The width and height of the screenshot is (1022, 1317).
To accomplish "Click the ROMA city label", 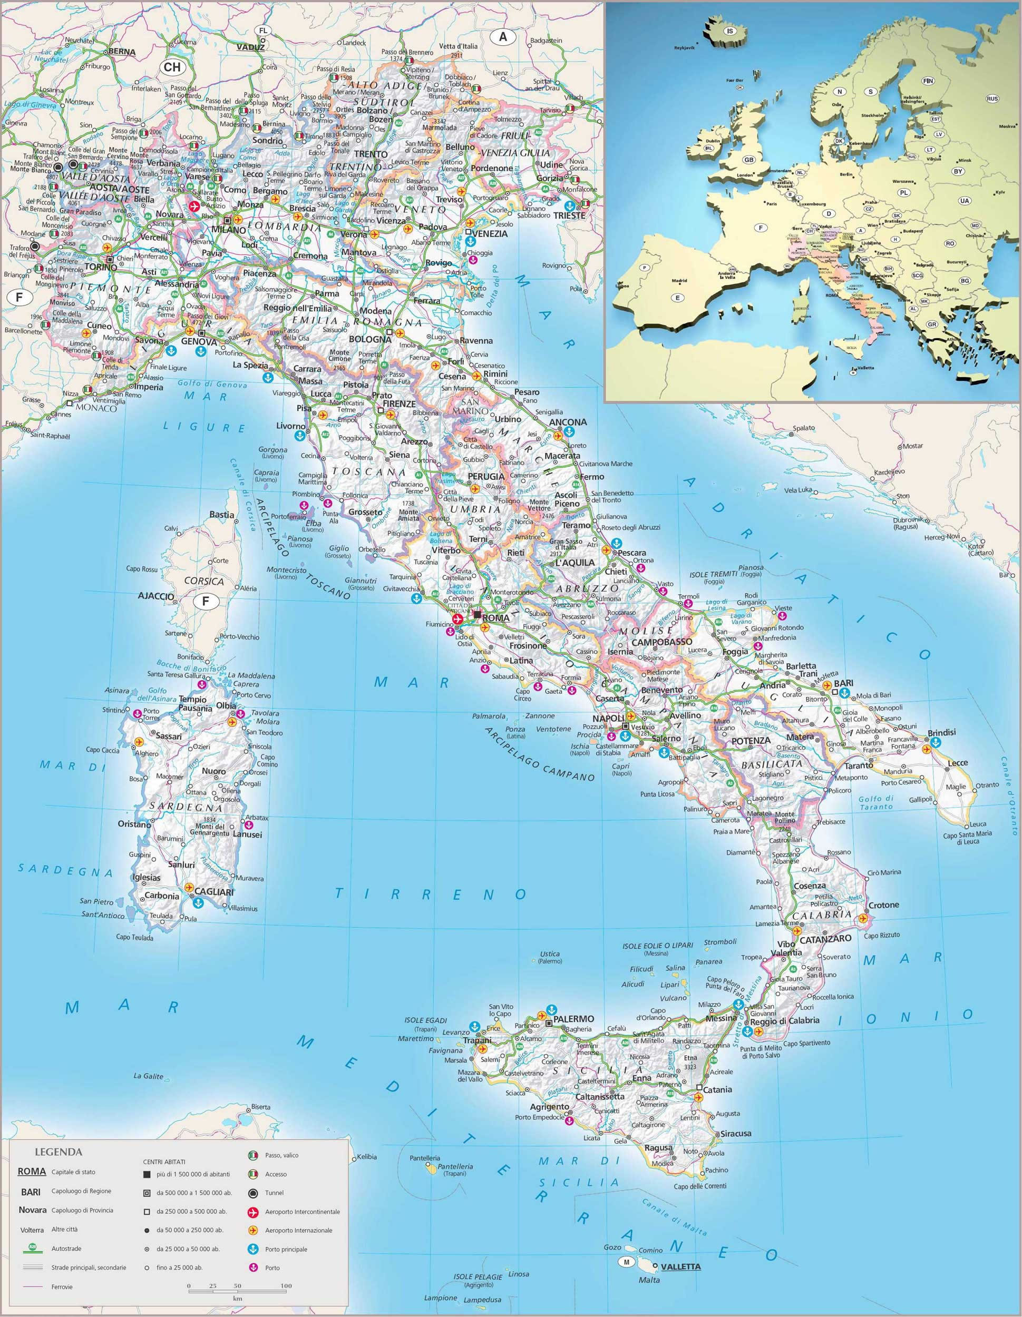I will click(x=497, y=618).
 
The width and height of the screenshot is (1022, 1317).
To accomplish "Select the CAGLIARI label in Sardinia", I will click(x=213, y=891).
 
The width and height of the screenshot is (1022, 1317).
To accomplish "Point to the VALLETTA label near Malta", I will click(x=681, y=1266).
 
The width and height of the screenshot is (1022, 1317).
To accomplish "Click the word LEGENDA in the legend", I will click(x=59, y=1152).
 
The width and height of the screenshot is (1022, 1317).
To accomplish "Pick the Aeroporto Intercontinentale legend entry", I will click(x=302, y=1212).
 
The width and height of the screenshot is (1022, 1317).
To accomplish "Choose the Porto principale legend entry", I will click(x=286, y=1249).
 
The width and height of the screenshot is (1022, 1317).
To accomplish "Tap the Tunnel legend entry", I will click(x=274, y=1193).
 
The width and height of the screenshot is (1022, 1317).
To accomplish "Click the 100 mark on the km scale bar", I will click(x=286, y=1285).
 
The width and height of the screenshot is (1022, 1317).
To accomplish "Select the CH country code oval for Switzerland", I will click(x=172, y=67).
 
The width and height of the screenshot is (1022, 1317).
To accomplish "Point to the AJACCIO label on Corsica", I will click(x=156, y=596).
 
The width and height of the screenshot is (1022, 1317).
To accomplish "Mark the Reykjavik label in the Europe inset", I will click(x=685, y=47).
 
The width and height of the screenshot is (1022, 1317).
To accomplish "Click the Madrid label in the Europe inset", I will click(x=679, y=280).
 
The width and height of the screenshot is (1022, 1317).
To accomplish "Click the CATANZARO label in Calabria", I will click(x=826, y=939).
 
